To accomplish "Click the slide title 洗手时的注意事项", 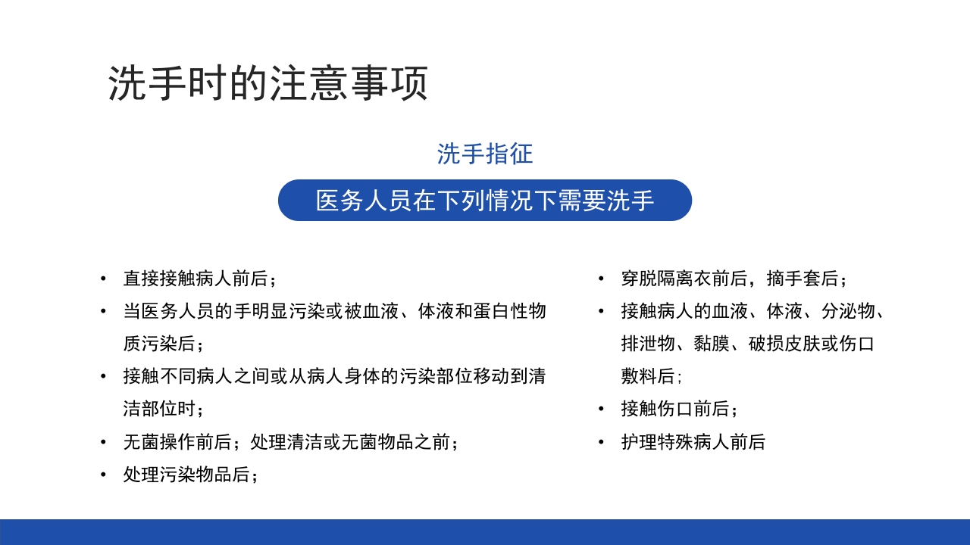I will [268, 83].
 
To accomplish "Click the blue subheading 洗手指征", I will [485, 154].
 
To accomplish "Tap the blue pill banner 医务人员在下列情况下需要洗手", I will [485, 201].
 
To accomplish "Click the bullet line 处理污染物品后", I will [191, 475].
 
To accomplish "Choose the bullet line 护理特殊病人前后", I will [693, 442].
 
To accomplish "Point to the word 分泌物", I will [849, 311].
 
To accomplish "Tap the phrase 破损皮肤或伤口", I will [811, 344].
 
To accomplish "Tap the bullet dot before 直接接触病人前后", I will [103, 279].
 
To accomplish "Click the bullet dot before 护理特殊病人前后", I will [601, 442].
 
